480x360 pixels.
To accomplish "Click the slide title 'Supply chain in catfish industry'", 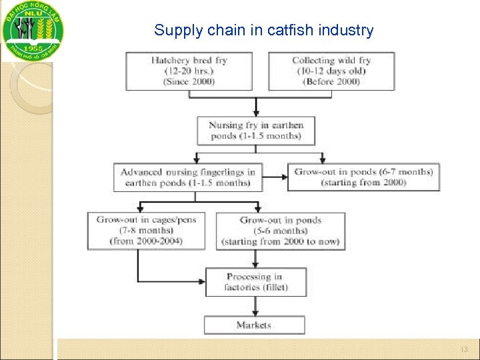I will [263, 30].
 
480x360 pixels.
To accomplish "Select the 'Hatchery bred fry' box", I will [189, 71].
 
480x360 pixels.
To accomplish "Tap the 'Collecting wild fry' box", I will [331, 71].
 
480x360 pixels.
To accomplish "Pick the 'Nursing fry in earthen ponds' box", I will [255, 131].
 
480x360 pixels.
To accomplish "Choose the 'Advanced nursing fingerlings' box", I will [187, 177].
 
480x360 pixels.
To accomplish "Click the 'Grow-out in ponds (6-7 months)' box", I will [363, 177].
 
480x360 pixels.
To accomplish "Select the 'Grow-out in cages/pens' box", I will [146, 230].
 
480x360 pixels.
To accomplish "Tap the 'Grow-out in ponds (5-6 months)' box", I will [281, 231].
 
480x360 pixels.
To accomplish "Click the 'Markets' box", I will [254, 325].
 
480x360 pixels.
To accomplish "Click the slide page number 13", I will [464, 349].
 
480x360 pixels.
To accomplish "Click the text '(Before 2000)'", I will [331, 81].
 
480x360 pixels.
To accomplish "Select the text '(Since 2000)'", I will [189, 81].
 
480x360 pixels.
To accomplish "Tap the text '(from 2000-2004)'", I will [146, 241].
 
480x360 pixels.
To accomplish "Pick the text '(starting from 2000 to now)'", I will [281, 241].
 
